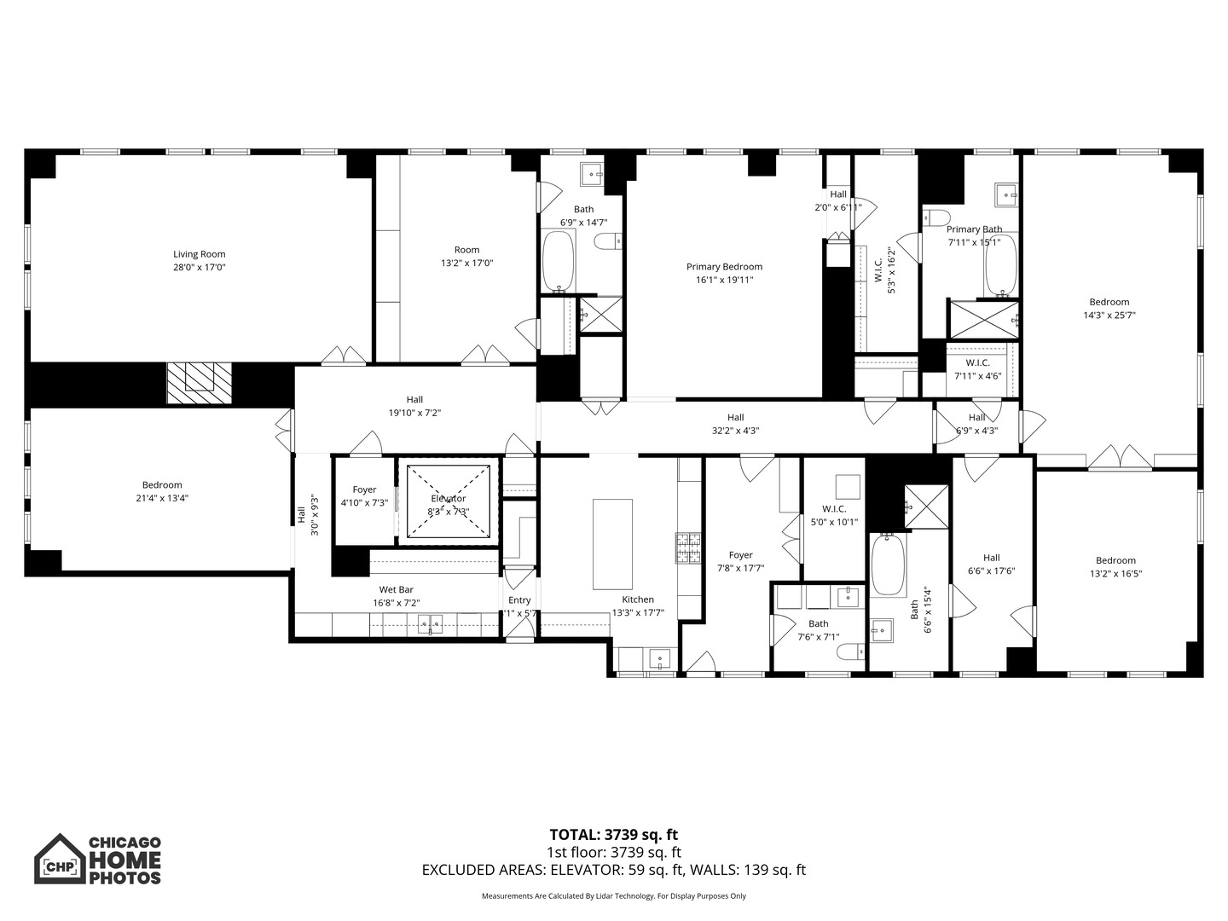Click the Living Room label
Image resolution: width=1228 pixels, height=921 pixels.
(199, 254)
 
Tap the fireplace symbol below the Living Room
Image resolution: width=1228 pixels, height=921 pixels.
(199, 382)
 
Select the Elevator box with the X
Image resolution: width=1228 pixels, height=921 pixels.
(449, 501)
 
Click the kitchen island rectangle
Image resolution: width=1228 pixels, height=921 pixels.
(612, 544)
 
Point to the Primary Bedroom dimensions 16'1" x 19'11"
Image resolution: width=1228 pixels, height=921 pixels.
(724, 280)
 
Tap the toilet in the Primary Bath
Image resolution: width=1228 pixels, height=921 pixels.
(936, 216)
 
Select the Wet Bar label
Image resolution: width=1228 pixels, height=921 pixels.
(396, 589)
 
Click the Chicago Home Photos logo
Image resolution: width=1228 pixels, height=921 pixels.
(97, 859)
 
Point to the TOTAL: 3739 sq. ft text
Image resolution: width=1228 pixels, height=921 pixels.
(613, 835)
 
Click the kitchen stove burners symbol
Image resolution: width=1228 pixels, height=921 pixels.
(686, 548)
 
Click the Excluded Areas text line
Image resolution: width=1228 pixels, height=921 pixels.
(613, 870)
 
